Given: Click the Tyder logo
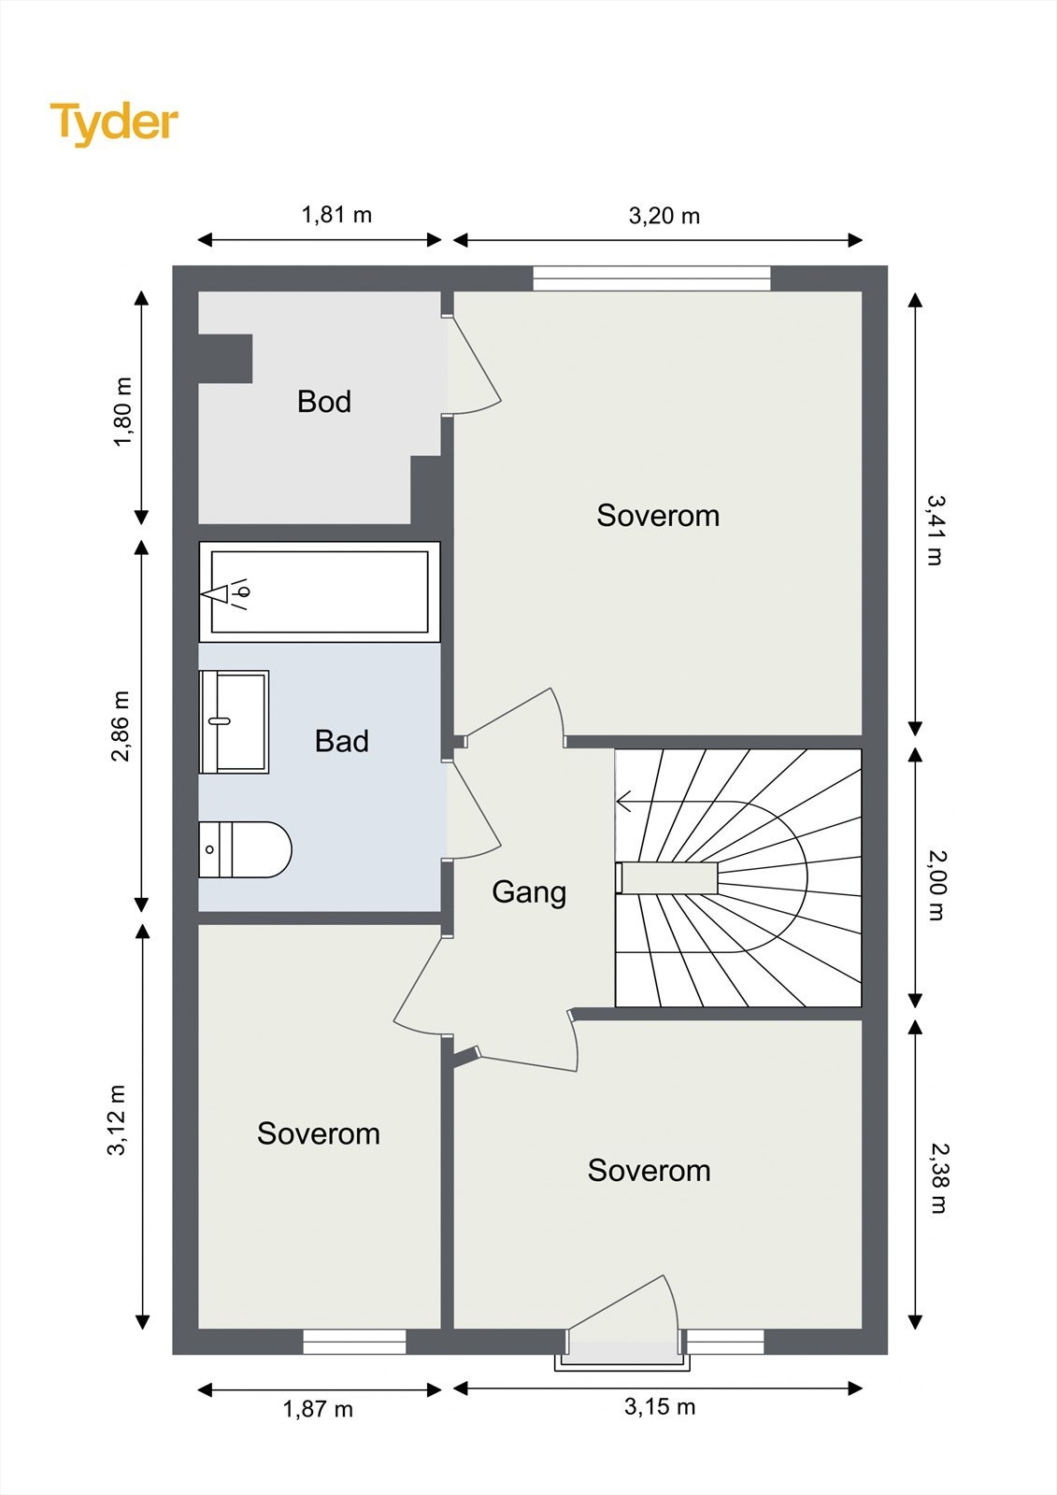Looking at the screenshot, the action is pyautogui.click(x=114, y=124).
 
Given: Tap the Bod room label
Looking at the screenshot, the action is pyautogui.click(x=324, y=402).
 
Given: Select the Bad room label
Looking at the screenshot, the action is pyautogui.click(x=341, y=741).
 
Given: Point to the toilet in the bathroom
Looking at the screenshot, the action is pyautogui.click(x=245, y=849).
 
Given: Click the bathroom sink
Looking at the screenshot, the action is pyautogui.click(x=234, y=721).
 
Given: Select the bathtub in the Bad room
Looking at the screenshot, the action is pyautogui.click(x=320, y=592).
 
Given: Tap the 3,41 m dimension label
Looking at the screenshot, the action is pyautogui.click(x=935, y=530).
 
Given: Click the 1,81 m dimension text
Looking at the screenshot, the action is pyautogui.click(x=336, y=215).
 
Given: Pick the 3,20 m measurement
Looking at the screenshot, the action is pyautogui.click(x=664, y=216).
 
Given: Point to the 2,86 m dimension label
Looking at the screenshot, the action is pyautogui.click(x=121, y=726).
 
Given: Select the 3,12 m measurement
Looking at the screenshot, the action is pyautogui.click(x=117, y=1120).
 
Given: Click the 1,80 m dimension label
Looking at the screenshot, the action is pyautogui.click(x=122, y=412).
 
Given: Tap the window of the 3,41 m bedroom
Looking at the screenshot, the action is pyautogui.click(x=651, y=278).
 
